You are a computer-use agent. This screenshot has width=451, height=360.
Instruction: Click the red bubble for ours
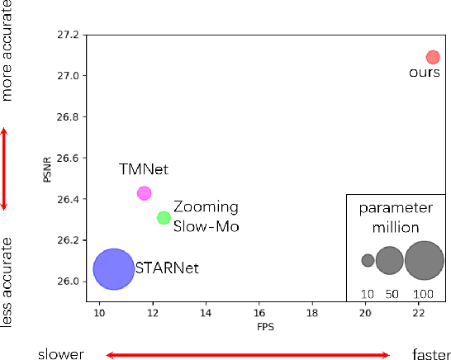point(433,57)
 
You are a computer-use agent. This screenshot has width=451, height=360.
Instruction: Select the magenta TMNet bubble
point(144,193)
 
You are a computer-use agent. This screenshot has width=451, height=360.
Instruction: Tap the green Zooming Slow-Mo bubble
point(164,218)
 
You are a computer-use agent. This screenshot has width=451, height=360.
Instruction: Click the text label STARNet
point(167,268)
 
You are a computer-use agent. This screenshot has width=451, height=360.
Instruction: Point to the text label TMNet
point(143,170)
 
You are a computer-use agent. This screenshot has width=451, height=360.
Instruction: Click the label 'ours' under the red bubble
point(425,73)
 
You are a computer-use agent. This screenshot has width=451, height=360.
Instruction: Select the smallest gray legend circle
point(368,260)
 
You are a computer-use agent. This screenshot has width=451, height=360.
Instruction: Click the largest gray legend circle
point(424,260)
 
